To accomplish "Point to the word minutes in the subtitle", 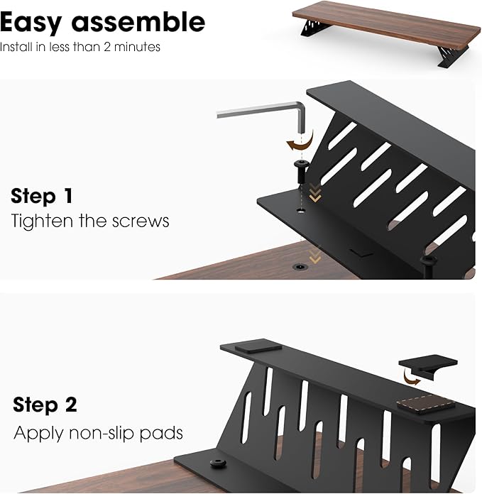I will (x=142, y=48).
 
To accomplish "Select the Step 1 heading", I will (x=42, y=196).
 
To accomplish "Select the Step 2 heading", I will (x=45, y=405).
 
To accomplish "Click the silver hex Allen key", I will (x=263, y=113).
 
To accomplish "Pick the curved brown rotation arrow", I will (x=299, y=143).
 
